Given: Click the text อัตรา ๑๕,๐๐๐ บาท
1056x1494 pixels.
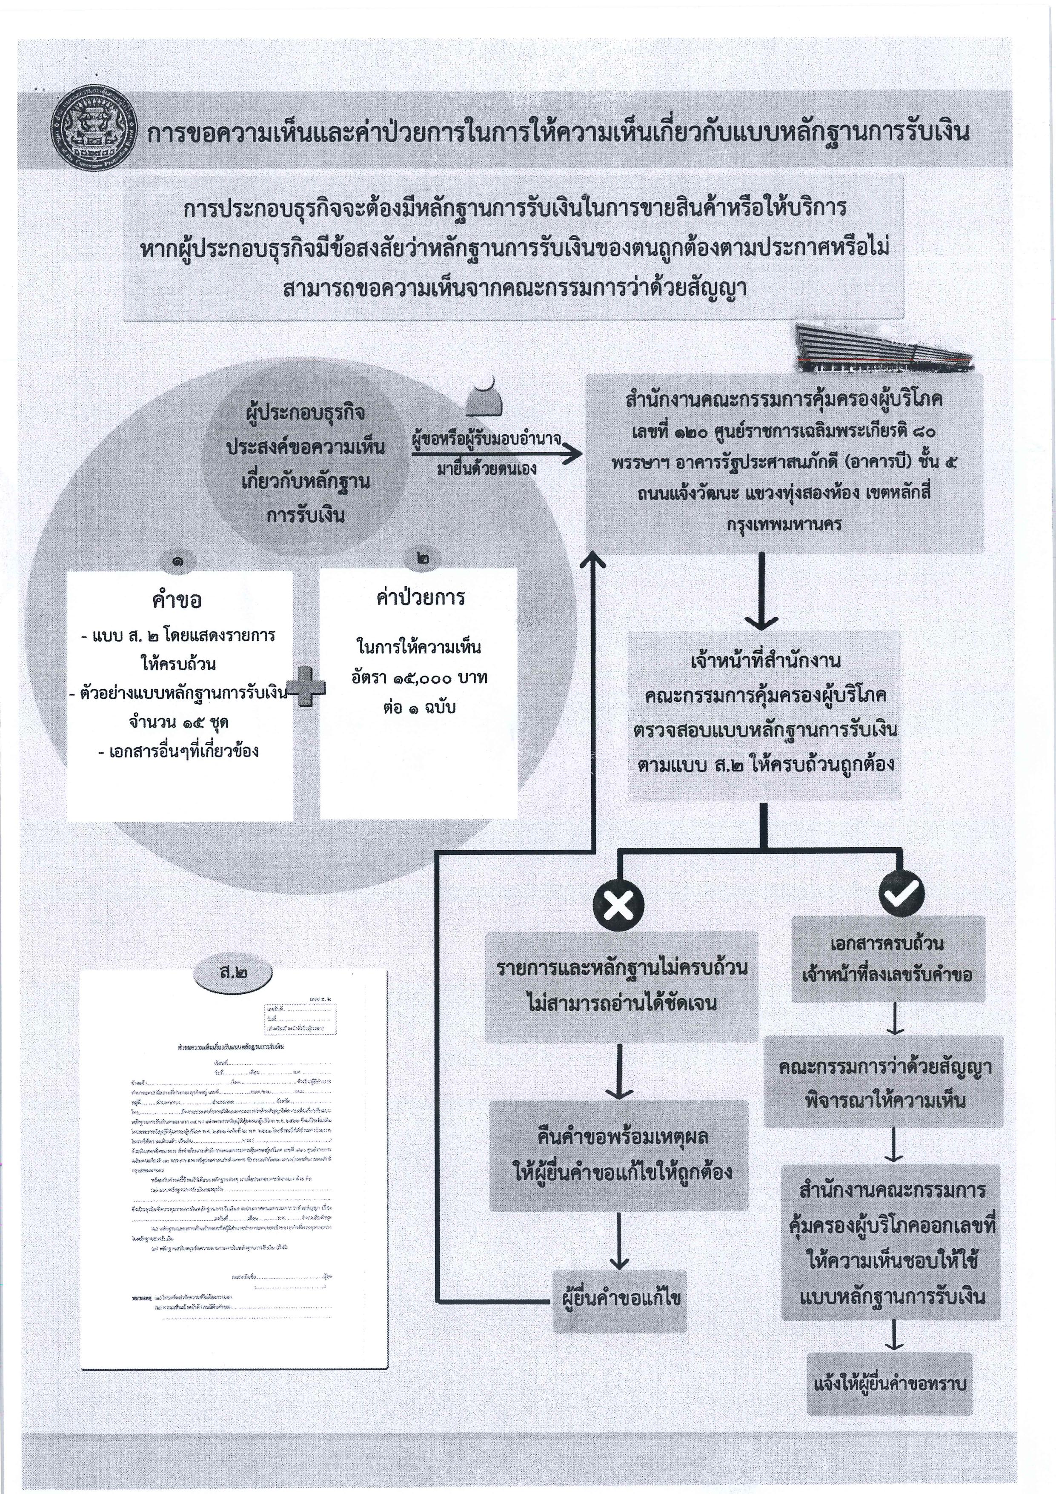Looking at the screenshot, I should pos(419,679).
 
